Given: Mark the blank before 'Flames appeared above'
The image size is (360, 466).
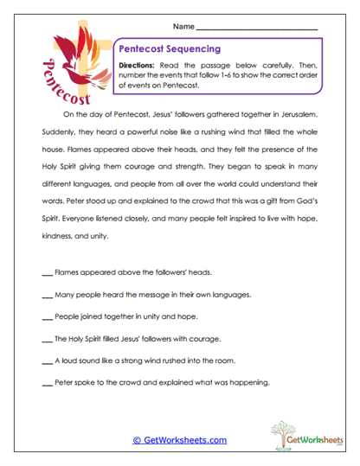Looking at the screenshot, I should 47,271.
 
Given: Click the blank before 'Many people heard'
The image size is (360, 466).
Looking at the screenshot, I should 47,294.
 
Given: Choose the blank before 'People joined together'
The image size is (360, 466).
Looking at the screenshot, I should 47,316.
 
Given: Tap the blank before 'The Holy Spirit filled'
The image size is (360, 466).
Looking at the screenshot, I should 47,338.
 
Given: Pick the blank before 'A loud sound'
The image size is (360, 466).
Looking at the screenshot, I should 47,361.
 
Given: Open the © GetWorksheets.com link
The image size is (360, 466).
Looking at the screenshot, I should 179,440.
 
